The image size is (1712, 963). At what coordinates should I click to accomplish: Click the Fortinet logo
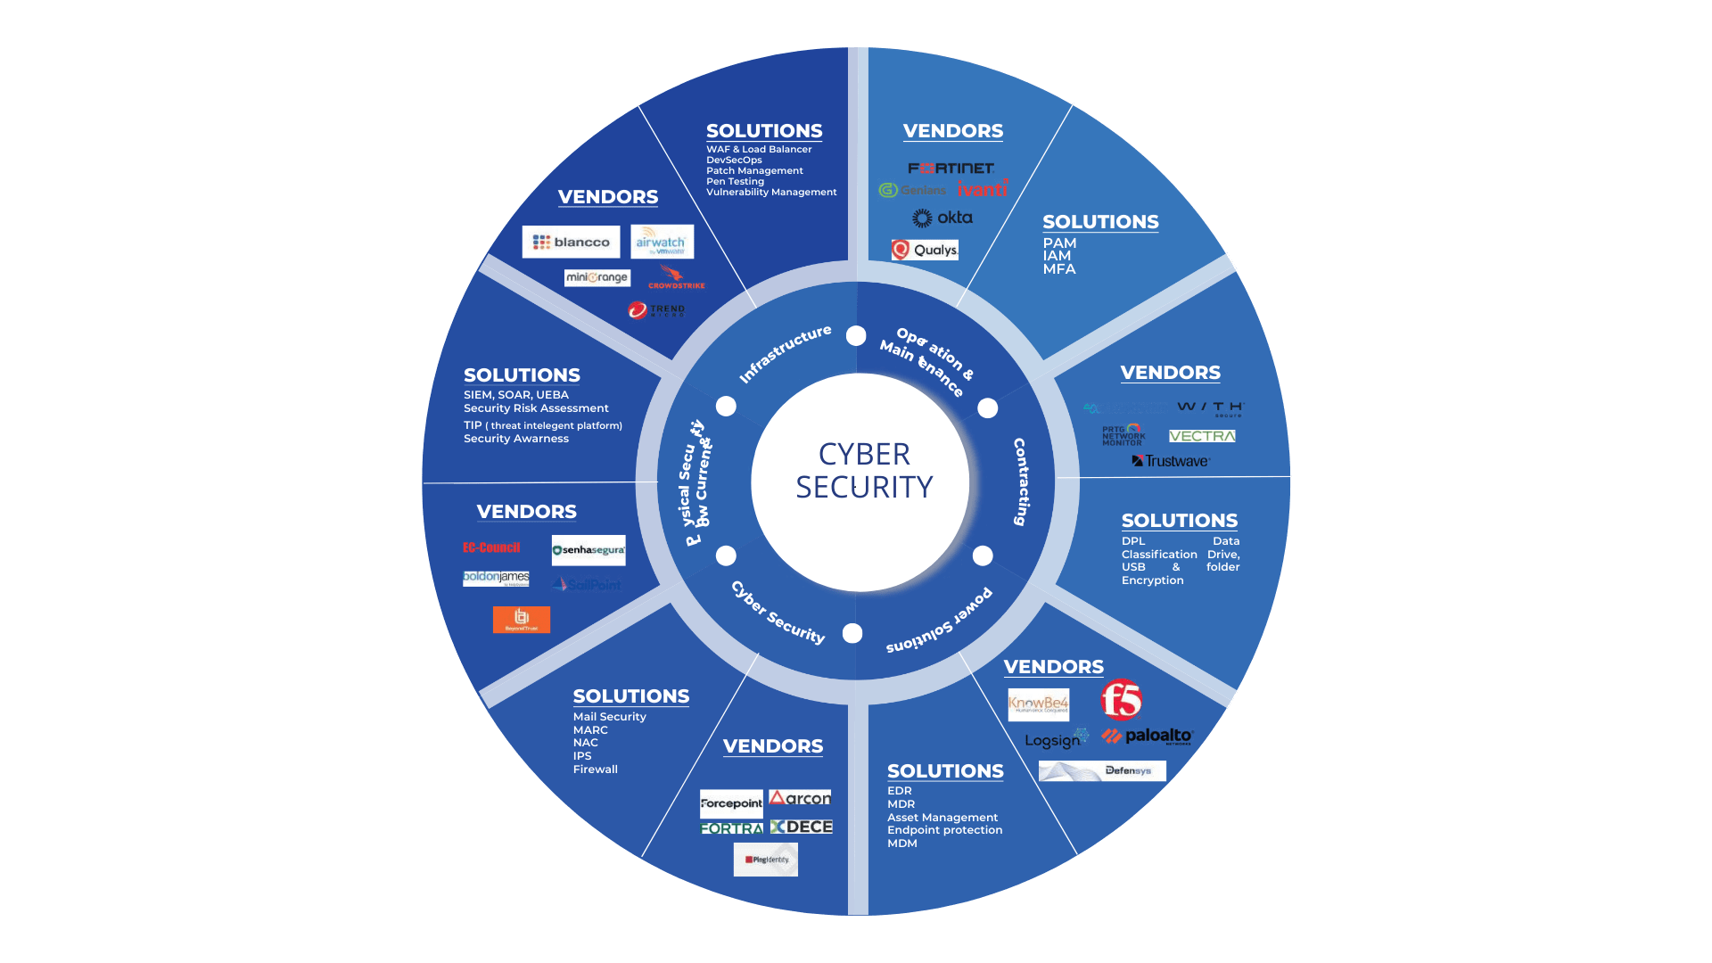tap(951, 168)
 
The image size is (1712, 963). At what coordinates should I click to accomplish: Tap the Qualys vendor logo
tap(925, 250)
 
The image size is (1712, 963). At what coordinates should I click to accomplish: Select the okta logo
tap(942, 218)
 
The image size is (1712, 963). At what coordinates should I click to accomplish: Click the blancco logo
tap(571, 242)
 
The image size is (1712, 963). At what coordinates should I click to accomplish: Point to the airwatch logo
tap(662, 242)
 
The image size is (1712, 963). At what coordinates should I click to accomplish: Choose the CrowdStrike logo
tap(675, 277)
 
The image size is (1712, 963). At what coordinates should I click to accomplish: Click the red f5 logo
tap(1121, 700)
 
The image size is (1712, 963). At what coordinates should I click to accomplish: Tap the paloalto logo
tap(1148, 736)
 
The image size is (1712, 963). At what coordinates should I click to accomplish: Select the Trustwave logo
tap(1171, 461)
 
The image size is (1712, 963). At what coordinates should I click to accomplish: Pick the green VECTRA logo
tap(1202, 436)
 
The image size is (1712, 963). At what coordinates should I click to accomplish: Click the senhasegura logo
tap(588, 550)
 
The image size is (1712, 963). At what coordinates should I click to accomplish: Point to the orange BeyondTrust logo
tap(522, 620)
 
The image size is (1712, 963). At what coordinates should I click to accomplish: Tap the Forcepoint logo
tap(731, 803)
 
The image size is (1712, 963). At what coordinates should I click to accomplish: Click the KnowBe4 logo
tap(1038, 704)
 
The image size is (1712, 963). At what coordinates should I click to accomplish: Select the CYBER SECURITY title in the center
tap(864, 471)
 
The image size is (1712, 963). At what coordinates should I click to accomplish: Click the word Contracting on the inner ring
tap(1022, 481)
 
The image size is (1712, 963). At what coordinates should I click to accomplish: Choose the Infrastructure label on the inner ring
tap(785, 353)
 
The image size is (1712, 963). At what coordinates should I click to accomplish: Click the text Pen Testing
tap(735, 181)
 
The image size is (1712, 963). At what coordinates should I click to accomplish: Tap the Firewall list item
tap(595, 769)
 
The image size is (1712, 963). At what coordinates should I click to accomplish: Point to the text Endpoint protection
tap(944, 830)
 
